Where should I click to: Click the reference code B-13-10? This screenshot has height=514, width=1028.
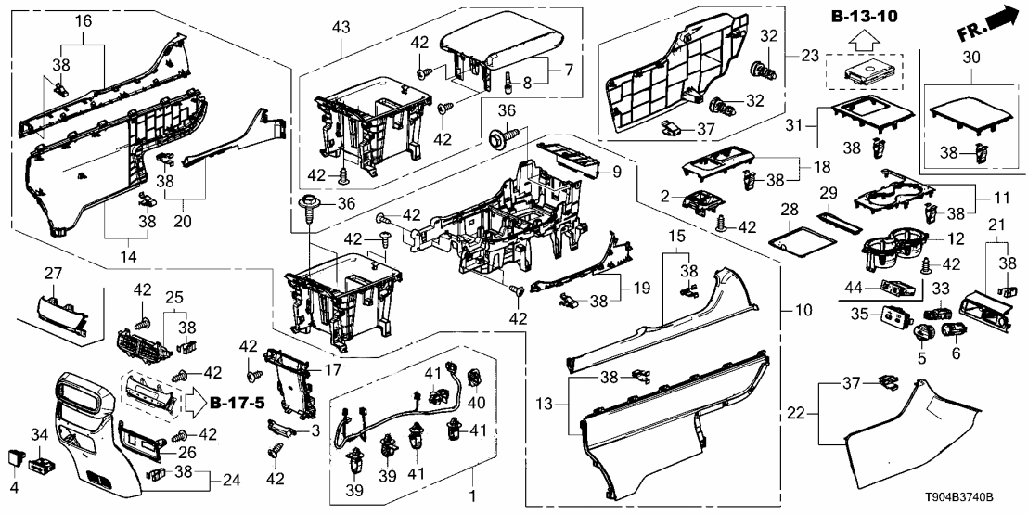tap(866, 16)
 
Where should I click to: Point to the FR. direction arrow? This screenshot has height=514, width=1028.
tap(986, 21)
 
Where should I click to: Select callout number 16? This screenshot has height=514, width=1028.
tap(83, 19)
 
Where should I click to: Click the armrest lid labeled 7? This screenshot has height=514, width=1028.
tap(501, 41)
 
